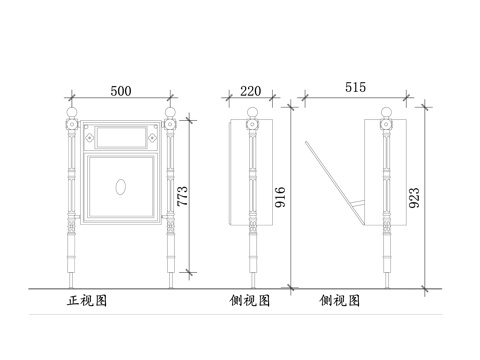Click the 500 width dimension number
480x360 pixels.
click(x=120, y=90)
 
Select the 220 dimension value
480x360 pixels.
click(x=251, y=90)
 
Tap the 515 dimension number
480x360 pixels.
click(x=355, y=88)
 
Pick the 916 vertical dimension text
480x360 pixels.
click(x=281, y=192)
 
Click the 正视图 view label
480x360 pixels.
click(x=86, y=299)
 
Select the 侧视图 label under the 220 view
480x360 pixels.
click(x=249, y=299)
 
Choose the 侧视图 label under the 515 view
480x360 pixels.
click(x=340, y=299)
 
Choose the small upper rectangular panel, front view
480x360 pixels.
click(x=122, y=132)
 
